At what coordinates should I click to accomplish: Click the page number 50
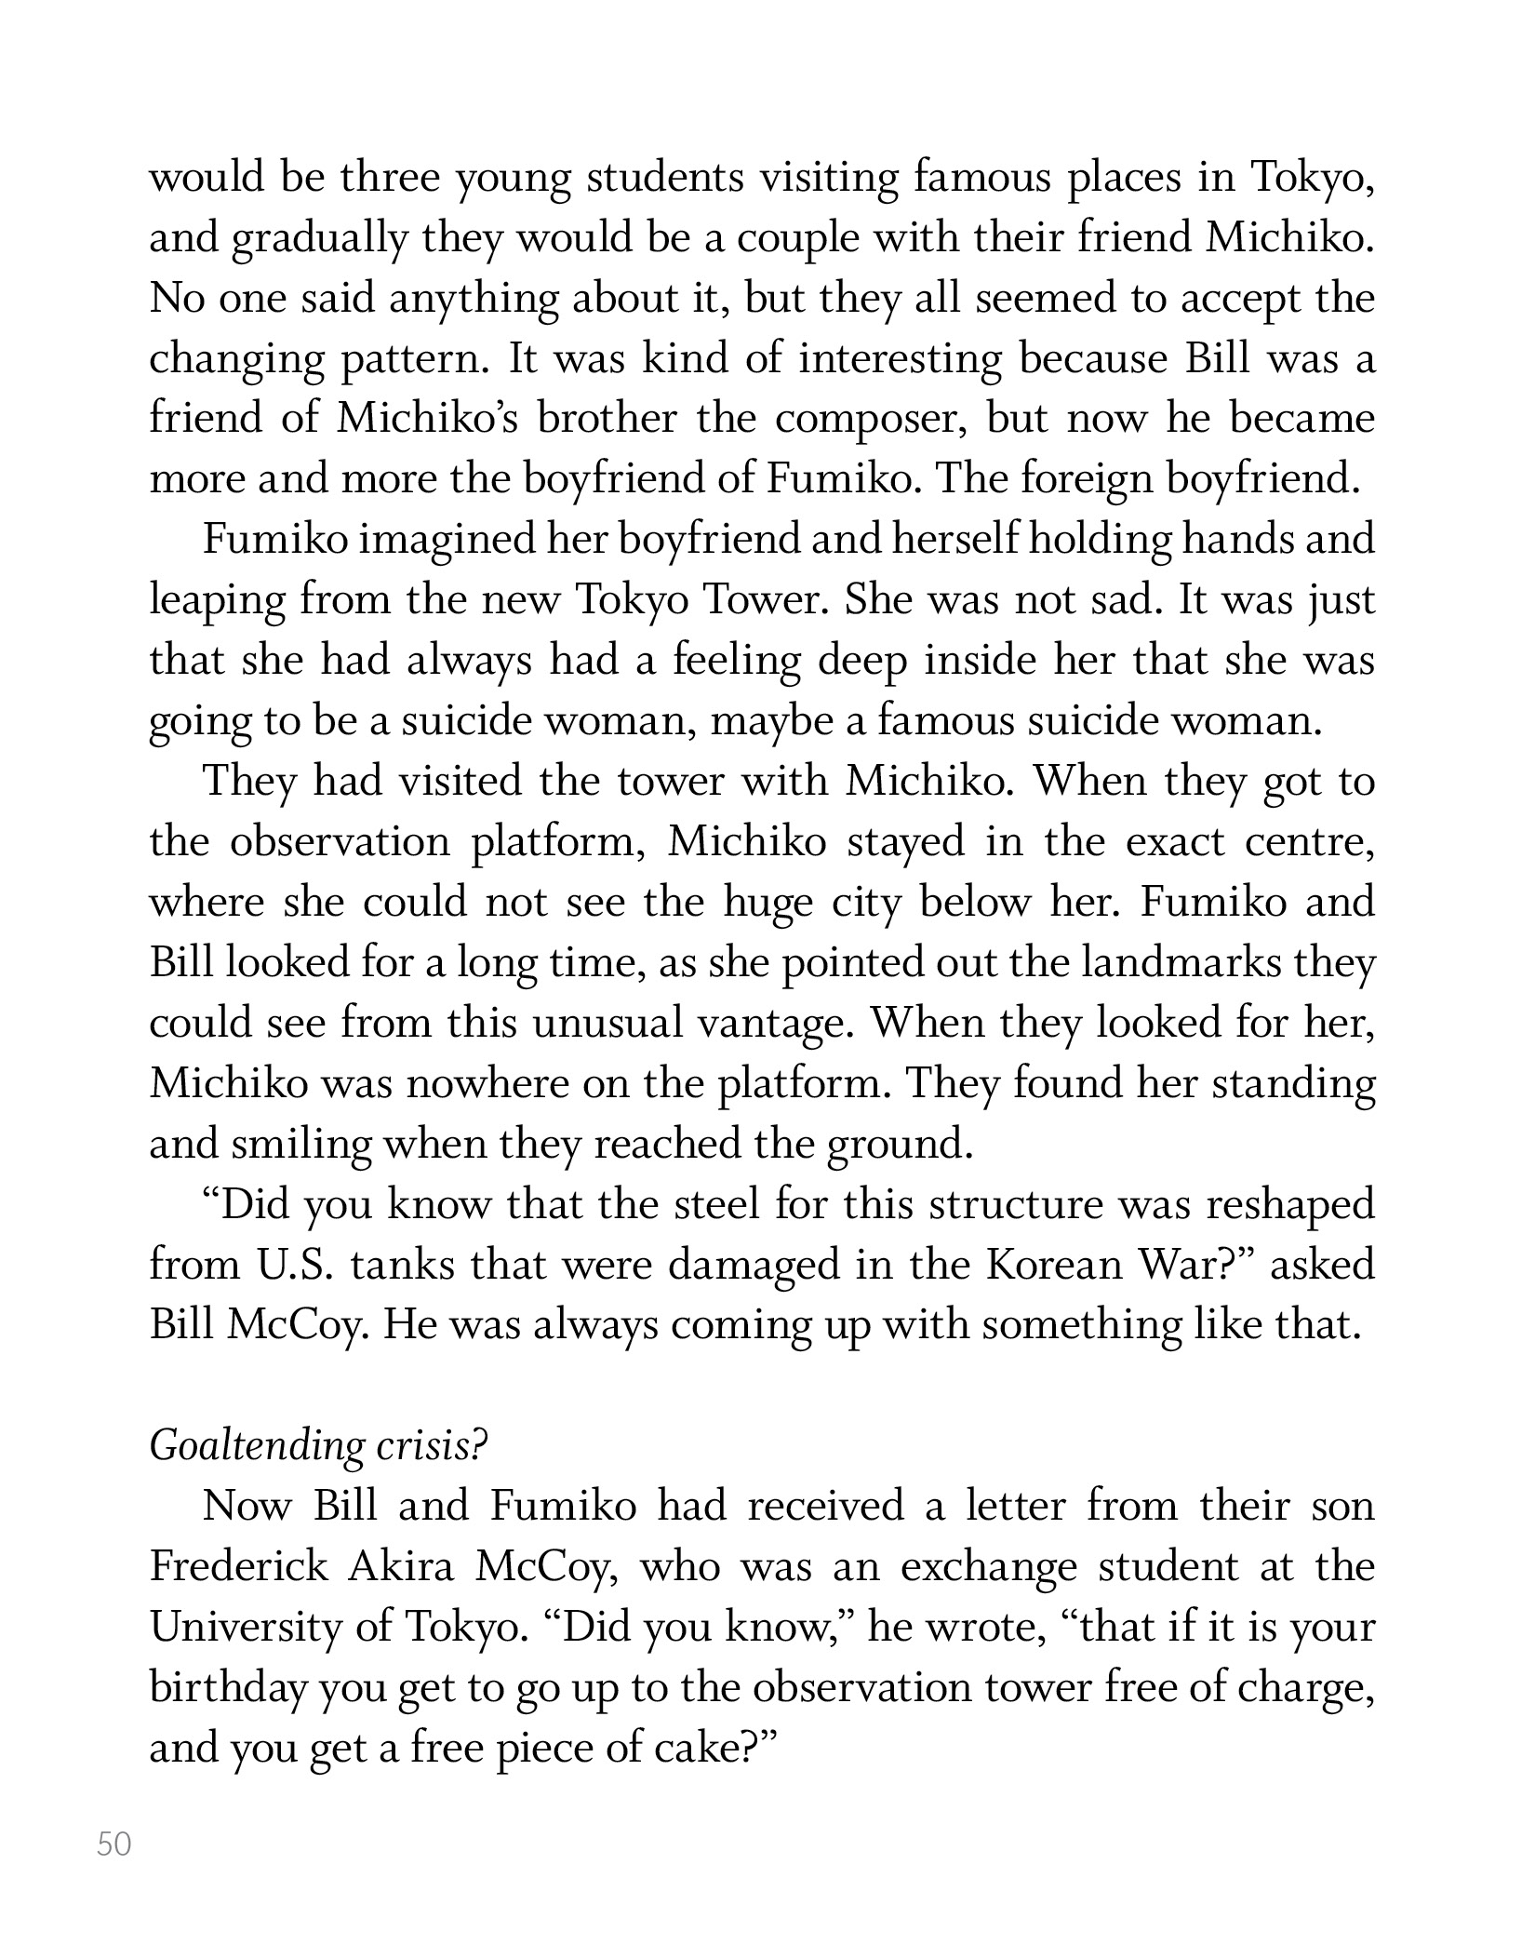pyautogui.click(x=114, y=1844)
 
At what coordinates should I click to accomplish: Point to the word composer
pyautogui.click(x=873, y=419)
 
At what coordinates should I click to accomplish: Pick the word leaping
pyautogui.click(x=218, y=601)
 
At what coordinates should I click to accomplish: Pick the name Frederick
pyautogui.click(x=239, y=1566)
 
